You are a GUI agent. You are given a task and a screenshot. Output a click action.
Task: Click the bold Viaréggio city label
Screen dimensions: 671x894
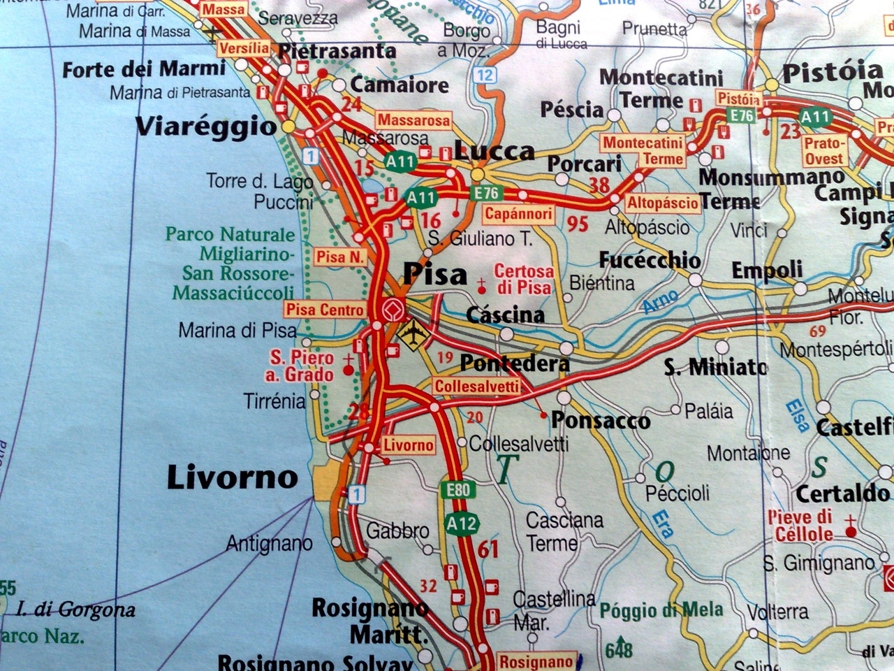207,127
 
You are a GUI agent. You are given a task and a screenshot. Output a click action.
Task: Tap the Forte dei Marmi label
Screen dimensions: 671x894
144,69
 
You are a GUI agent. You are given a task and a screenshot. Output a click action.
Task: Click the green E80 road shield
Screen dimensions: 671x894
457,490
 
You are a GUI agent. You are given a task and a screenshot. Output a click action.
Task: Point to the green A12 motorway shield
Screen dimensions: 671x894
462,523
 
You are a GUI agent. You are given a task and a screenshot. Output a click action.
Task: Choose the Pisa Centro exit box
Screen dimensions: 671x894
325,309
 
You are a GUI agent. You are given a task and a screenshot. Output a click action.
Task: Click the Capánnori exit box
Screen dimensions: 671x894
518,214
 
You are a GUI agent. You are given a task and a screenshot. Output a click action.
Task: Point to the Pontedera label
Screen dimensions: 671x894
515,363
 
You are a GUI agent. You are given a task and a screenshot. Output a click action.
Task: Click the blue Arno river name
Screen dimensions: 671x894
660,302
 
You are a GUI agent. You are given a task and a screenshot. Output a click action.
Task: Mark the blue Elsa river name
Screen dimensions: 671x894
796,414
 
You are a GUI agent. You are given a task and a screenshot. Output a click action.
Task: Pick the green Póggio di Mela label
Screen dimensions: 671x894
660,610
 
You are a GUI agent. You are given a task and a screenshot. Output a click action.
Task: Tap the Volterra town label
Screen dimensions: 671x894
777,612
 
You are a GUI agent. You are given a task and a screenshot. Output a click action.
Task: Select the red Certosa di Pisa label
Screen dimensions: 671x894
524,279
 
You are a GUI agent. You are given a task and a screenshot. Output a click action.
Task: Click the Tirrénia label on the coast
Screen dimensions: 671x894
274,401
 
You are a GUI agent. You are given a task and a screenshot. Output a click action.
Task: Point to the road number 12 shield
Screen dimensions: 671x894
486,75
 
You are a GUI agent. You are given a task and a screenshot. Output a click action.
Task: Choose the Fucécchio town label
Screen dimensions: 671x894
650,259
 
